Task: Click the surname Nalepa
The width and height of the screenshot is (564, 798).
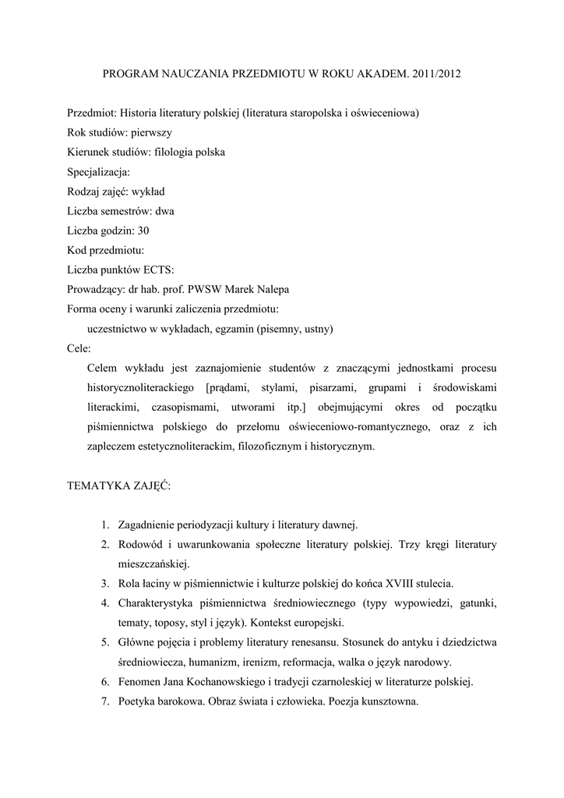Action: click(270, 289)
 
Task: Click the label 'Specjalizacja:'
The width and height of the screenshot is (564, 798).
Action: click(98, 171)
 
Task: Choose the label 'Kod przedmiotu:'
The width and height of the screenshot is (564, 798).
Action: click(106, 250)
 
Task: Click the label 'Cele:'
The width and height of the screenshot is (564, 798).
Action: click(79, 348)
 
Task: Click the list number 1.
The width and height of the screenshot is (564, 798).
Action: click(104, 525)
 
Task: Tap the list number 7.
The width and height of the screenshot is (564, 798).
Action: click(104, 701)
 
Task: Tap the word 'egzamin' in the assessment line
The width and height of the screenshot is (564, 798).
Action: click(237, 329)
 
